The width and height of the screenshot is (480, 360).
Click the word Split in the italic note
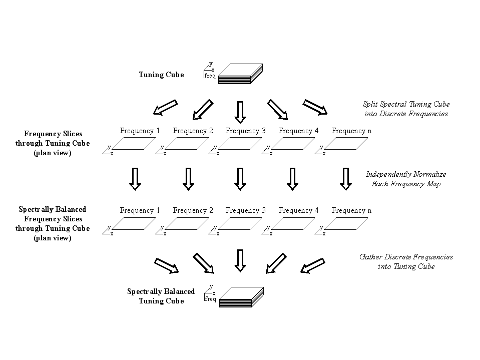pos(371,104)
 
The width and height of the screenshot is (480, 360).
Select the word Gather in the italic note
pos(371,257)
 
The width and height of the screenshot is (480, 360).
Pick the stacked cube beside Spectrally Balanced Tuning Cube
pos(241,296)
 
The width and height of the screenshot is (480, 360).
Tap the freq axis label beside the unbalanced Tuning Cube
pos(210,76)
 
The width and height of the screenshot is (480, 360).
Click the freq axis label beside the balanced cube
pos(210,299)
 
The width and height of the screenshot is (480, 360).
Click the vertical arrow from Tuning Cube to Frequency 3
pos(240,112)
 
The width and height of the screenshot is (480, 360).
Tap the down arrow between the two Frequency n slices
pos(345,179)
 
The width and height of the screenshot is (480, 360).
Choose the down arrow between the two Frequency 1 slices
pos(135,179)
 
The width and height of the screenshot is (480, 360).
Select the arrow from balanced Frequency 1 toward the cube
pos(167,265)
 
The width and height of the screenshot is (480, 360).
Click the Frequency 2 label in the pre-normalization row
pos(193,131)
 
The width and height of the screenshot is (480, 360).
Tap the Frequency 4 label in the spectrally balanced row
pos(299,210)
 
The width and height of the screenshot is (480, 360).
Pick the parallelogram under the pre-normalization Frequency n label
pos(346,144)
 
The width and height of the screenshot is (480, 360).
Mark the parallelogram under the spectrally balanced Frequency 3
pos(240,224)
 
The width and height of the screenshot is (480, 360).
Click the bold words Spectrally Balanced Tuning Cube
pos(161,296)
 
